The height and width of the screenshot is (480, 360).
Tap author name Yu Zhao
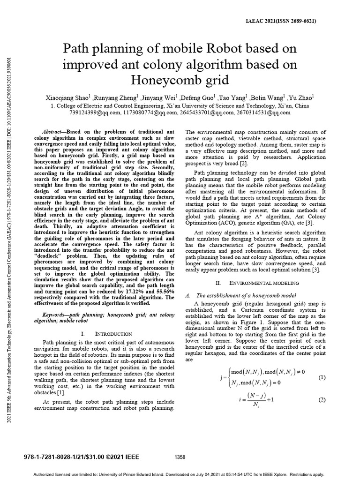tap(303, 98)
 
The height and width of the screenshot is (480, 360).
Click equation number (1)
tap(322, 378)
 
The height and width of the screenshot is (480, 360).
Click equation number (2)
tap(322, 400)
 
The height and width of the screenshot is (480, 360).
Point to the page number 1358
tap(180, 457)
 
